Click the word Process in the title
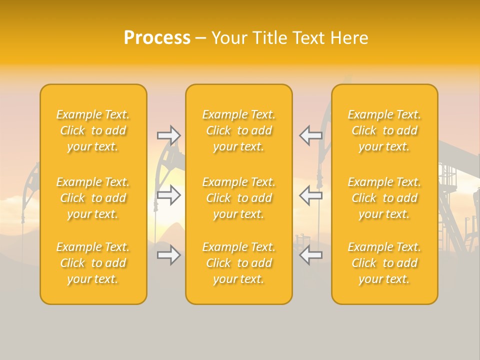157,38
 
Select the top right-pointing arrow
169,135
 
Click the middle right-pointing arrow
169,195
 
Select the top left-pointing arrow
310,135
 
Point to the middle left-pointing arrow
310,195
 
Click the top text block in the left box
93,130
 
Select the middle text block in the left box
93,198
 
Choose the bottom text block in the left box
93,263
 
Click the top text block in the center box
238,130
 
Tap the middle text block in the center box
238,198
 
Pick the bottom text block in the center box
238,263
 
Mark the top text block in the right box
384,130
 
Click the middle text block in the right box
384,198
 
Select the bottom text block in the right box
384,263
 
